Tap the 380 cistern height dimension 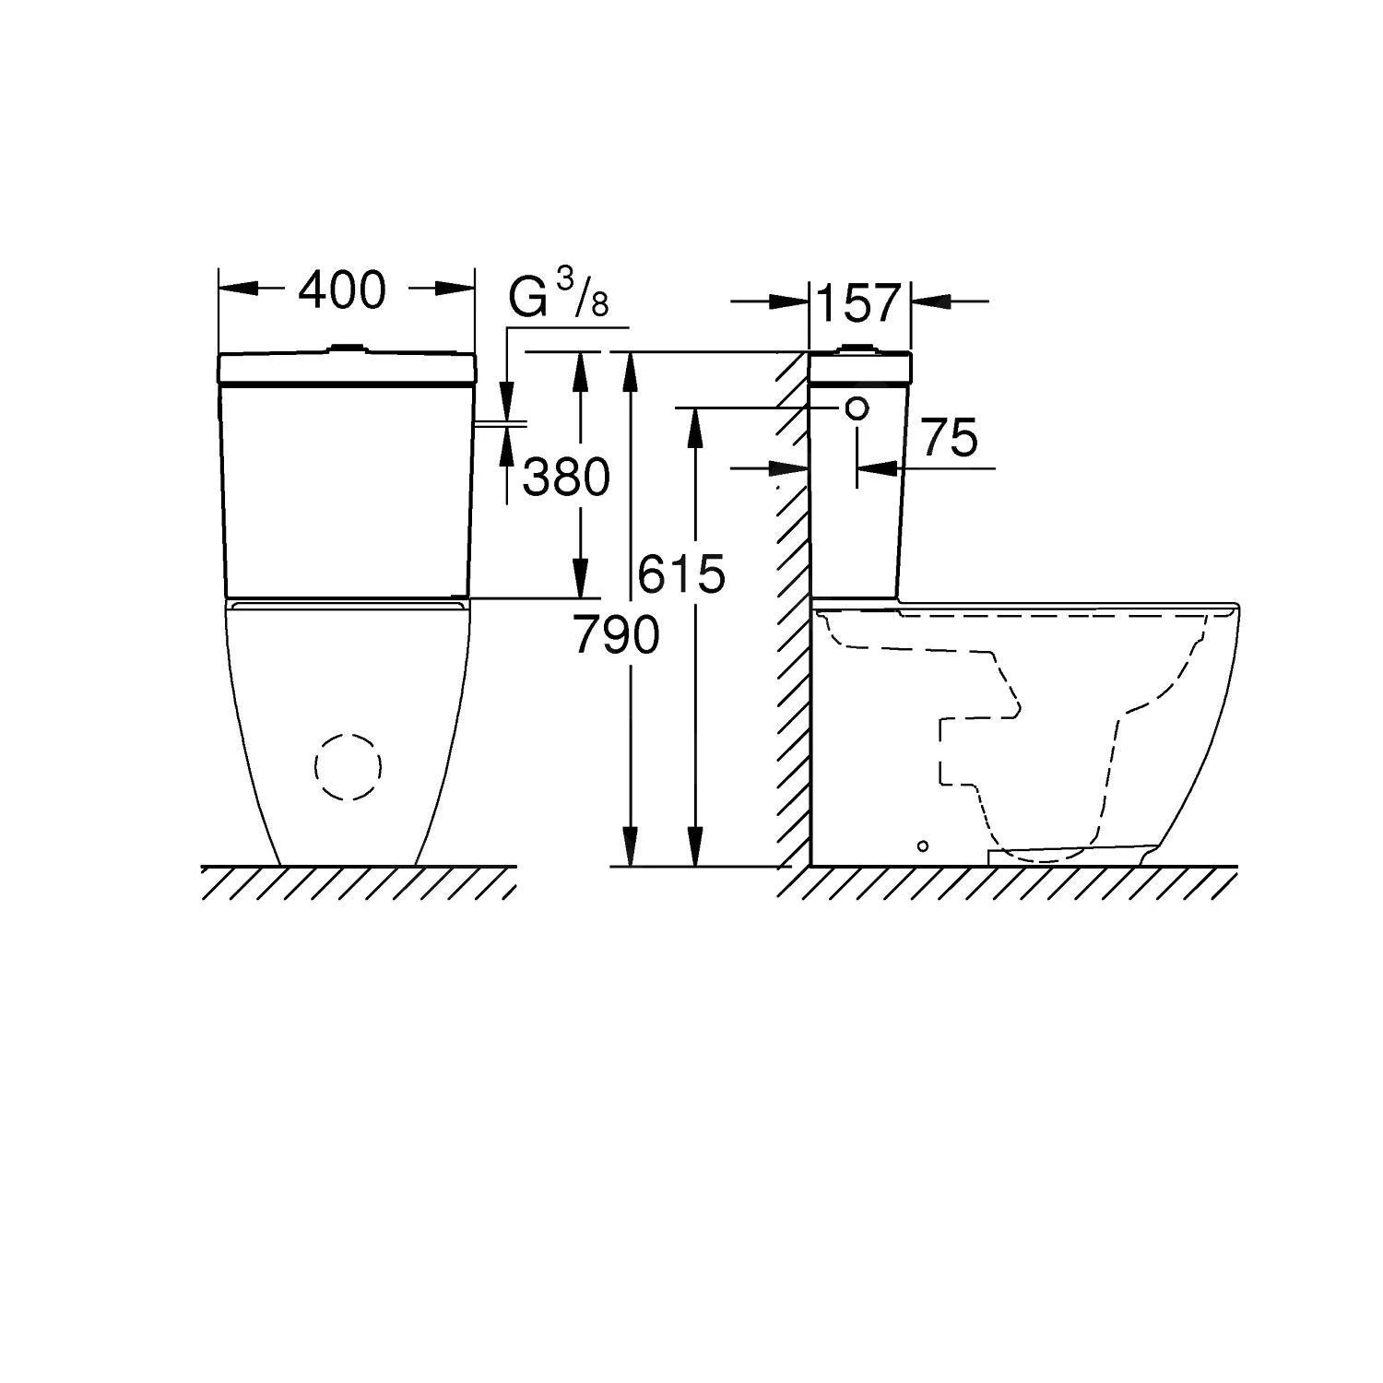click(566, 478)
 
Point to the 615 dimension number click(681, 574)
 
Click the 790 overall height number click(616, 634)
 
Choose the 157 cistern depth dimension click(858, 303)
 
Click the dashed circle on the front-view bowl click(349, 766)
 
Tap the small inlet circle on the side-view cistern click(857, 408)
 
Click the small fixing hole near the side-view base click(923, 845)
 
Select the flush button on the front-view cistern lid click(348, 349)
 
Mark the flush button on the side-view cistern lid click(858, 349)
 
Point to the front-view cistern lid click(348, 368)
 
